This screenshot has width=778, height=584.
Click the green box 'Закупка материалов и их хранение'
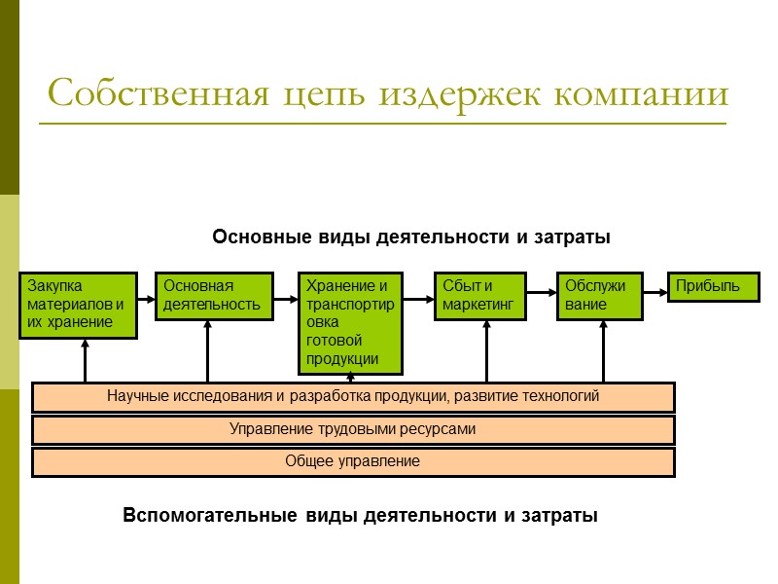(79, 305)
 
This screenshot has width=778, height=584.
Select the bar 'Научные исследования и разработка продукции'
(353, 396)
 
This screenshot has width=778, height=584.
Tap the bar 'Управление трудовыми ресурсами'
(353, 429)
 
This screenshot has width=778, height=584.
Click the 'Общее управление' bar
(353, 461)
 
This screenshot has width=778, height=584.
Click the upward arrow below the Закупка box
(86, 360)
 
